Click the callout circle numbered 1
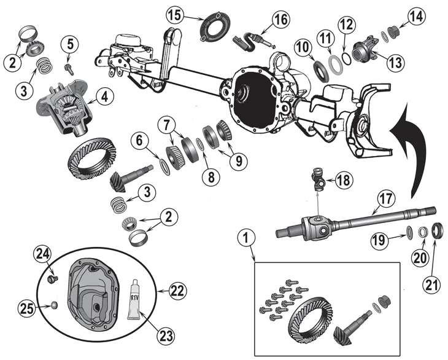point(246,236)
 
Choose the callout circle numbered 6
point(140,141)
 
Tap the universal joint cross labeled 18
point(320,180)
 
